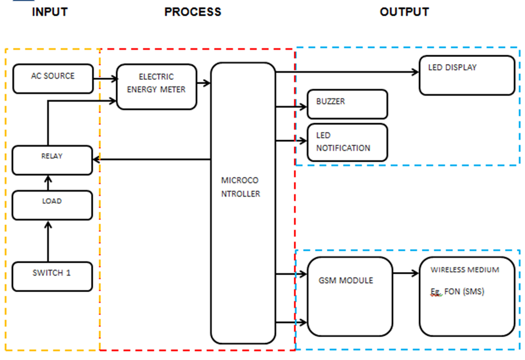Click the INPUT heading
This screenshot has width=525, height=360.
click(x=50, y=12)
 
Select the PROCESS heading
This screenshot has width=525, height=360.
click(x=193, y=12)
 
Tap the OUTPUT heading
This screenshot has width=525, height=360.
click(x=404, y=12)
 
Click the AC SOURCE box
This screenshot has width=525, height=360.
click(x=53, y=79)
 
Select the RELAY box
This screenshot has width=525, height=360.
click(x=52, y=160)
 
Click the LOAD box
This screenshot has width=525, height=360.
click(x=52, y=205)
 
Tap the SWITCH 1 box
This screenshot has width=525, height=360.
click(x=52, y=276)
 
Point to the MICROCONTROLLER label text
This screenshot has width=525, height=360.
click(x=241, y=186)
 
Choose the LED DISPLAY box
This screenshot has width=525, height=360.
click(x=466, y=75)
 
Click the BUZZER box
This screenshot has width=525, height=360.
click(x=347, y=104)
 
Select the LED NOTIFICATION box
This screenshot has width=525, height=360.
click(x=347, y=142)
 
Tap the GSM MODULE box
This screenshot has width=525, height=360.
click(x=350, y=296)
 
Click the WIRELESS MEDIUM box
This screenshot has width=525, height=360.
click(x=466, y=296)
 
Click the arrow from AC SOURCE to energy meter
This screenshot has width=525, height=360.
click(x=105, y=79)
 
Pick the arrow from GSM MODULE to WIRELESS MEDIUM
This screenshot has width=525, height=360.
click(x=406, y=274)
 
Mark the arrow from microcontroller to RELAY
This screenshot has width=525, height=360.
click(x=152, y=160)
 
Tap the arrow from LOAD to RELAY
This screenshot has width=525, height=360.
click(x=48, y=183)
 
